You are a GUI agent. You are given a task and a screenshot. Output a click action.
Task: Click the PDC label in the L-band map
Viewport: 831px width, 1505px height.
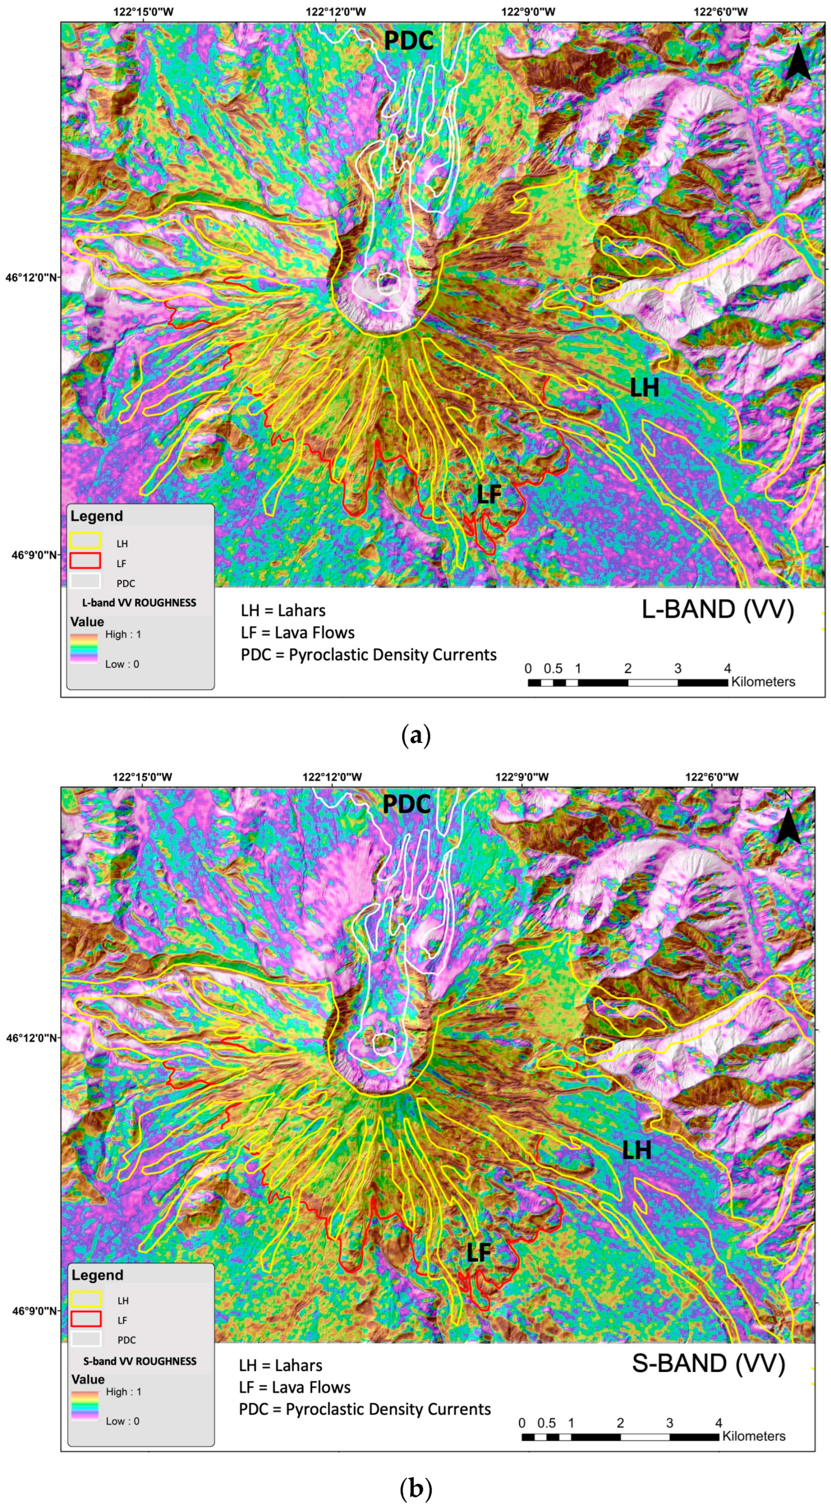point(408,41)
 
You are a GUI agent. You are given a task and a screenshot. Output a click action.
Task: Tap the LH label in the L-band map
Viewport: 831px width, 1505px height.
point(644,388)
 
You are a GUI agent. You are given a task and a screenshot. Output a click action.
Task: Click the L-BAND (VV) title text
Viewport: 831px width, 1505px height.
point(718,609)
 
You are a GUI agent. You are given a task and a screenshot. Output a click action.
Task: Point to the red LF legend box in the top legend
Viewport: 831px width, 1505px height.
point(85,561)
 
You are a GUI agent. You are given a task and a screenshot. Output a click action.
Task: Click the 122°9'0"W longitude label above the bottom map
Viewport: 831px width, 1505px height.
point(521,777)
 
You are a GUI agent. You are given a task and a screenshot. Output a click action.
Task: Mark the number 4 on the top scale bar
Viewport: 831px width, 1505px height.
point(727,668)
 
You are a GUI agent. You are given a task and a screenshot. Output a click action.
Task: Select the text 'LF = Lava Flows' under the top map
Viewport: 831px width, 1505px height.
point(298,633)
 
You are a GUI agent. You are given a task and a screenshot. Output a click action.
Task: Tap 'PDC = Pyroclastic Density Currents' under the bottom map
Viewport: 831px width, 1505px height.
point(364,1409)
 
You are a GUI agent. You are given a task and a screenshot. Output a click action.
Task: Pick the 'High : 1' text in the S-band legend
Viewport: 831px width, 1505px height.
point(123,1392)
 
